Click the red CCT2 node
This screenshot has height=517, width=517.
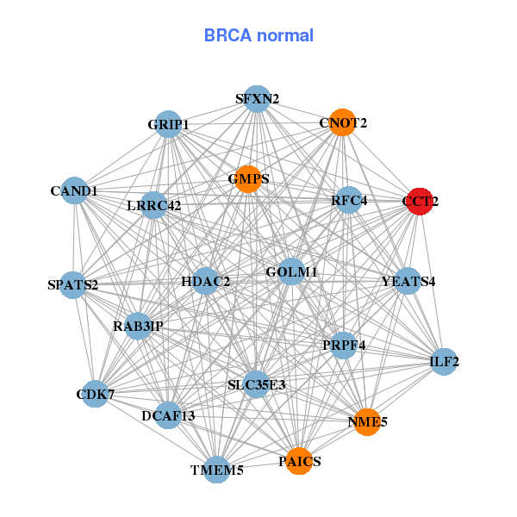pyautogui.click(x=420, y=202)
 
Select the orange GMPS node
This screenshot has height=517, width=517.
pyautogui.click(x=248, y=179)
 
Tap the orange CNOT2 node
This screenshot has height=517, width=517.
pyautogui.click(x=343, y=122)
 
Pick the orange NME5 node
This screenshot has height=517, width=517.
pyautogui.click(x=367, y=422)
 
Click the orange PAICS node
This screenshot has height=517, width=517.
pyautogui.click(x=299, y=462)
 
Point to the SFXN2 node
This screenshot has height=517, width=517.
pyautogui.click(x=257, y=98)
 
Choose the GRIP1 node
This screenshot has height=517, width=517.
pyautogui.click(x=168, y=124)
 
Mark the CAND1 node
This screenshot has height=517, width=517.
pyautogui.click(x=74, y=190)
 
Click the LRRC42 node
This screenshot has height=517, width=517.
pyautogui.click(x=154, y=205)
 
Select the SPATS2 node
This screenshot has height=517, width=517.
pyautogui.click(x=72, y=283)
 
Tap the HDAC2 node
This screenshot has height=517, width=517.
pyautogui.click(x=205, y=281)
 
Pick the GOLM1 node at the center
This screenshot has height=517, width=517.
pyautogui.click(x=291, y=272)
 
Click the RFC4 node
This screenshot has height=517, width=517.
pyautogui.click(x=349, y=201)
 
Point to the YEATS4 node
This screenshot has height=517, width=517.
pyautogui.click(x=408, y=281)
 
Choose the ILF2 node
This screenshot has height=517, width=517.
pyautogui.click(x=444, y=362)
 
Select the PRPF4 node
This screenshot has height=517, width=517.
pyautogui.click(x=344, y=346)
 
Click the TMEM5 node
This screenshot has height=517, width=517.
pyautogui.click(x=217, y=470)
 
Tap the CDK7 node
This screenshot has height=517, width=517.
pyautogui.click(x=95, y=395)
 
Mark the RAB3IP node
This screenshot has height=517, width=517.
pyautogui.click(x=138, y=326)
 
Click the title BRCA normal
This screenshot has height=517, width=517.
pyautogui.click(x=258, y=35)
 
